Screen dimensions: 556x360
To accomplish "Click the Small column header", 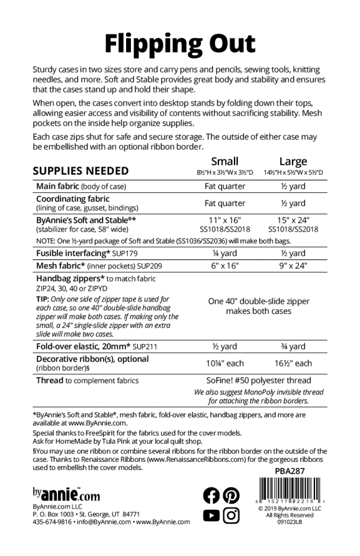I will (225, 161).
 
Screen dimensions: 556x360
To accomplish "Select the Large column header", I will (293, 161).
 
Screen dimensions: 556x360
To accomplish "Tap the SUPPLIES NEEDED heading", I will (81, 171).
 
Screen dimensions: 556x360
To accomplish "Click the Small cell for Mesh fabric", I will (225, 266).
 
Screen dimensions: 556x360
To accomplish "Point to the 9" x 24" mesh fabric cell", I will (293, 266).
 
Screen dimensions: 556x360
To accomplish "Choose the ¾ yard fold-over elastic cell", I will (293, 346).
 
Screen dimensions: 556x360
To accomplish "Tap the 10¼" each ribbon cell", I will (225, 363).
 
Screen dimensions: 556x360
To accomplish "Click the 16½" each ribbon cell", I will (293, 363).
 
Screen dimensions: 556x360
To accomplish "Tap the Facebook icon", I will (211, 495).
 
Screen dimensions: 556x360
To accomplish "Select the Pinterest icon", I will (232, 495).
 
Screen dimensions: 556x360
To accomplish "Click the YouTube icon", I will (211, 516).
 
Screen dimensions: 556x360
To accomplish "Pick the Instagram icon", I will (232, 516).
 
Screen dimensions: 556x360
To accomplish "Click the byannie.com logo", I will (66, 494).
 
